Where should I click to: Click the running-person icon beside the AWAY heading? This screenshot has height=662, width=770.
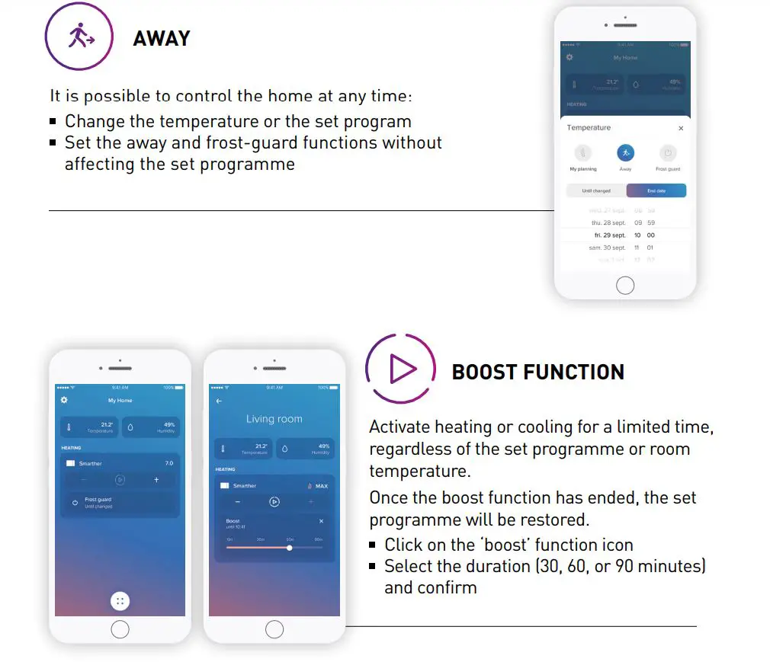click(79, 36)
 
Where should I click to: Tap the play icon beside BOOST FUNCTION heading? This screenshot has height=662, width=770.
click(402, 370)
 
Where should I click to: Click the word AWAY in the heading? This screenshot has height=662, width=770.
click(162, 38)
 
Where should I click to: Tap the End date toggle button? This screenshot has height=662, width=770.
click(656, 190)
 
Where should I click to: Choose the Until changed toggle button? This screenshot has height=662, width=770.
click(596, 190)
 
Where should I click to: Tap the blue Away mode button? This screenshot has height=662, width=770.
click(625, 152)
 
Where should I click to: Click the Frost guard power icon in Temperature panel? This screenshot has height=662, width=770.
click(667, 152)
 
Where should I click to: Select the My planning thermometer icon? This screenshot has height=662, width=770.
click(583, 152)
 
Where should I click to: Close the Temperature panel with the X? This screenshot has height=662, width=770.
click(681, 129)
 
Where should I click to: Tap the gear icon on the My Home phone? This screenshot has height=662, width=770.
click(64, 400)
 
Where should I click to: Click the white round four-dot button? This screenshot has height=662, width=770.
click(120, 601)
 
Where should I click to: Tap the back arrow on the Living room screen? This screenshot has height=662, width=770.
click(220, 401)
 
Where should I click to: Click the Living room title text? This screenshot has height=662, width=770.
click(274, 419)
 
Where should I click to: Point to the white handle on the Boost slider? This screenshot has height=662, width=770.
click(290, 547)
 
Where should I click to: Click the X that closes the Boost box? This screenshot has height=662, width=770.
click(321, 521)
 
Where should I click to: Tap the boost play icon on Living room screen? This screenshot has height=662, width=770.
click(274, 502)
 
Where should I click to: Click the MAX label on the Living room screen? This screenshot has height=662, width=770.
click(321, 486)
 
